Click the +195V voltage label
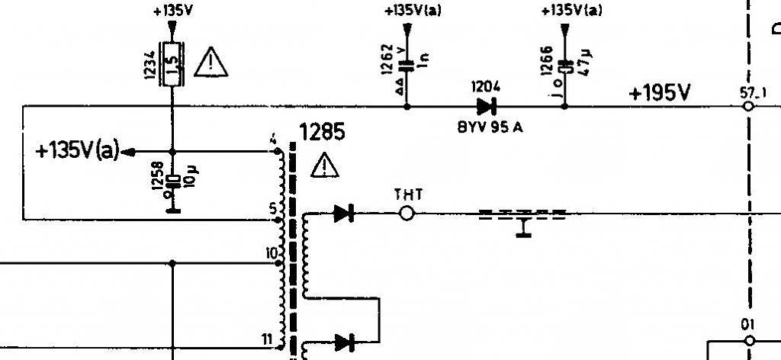(x=660, y=93)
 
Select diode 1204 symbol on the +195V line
(x=485, y=106)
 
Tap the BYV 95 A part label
(x=490, y=127)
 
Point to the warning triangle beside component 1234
(x=211, y=63)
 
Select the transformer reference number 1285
(x=323, y=133)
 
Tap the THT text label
(x=408, y=194)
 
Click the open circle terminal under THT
(x=407, y=214)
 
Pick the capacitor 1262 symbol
(x=406, y=66)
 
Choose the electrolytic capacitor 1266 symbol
(x=564, y=66)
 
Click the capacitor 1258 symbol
(x=172, y=181)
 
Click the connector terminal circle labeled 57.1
(x=748, y=106)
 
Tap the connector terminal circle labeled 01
(x=748, y=340)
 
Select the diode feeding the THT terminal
(x=343, y=214)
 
